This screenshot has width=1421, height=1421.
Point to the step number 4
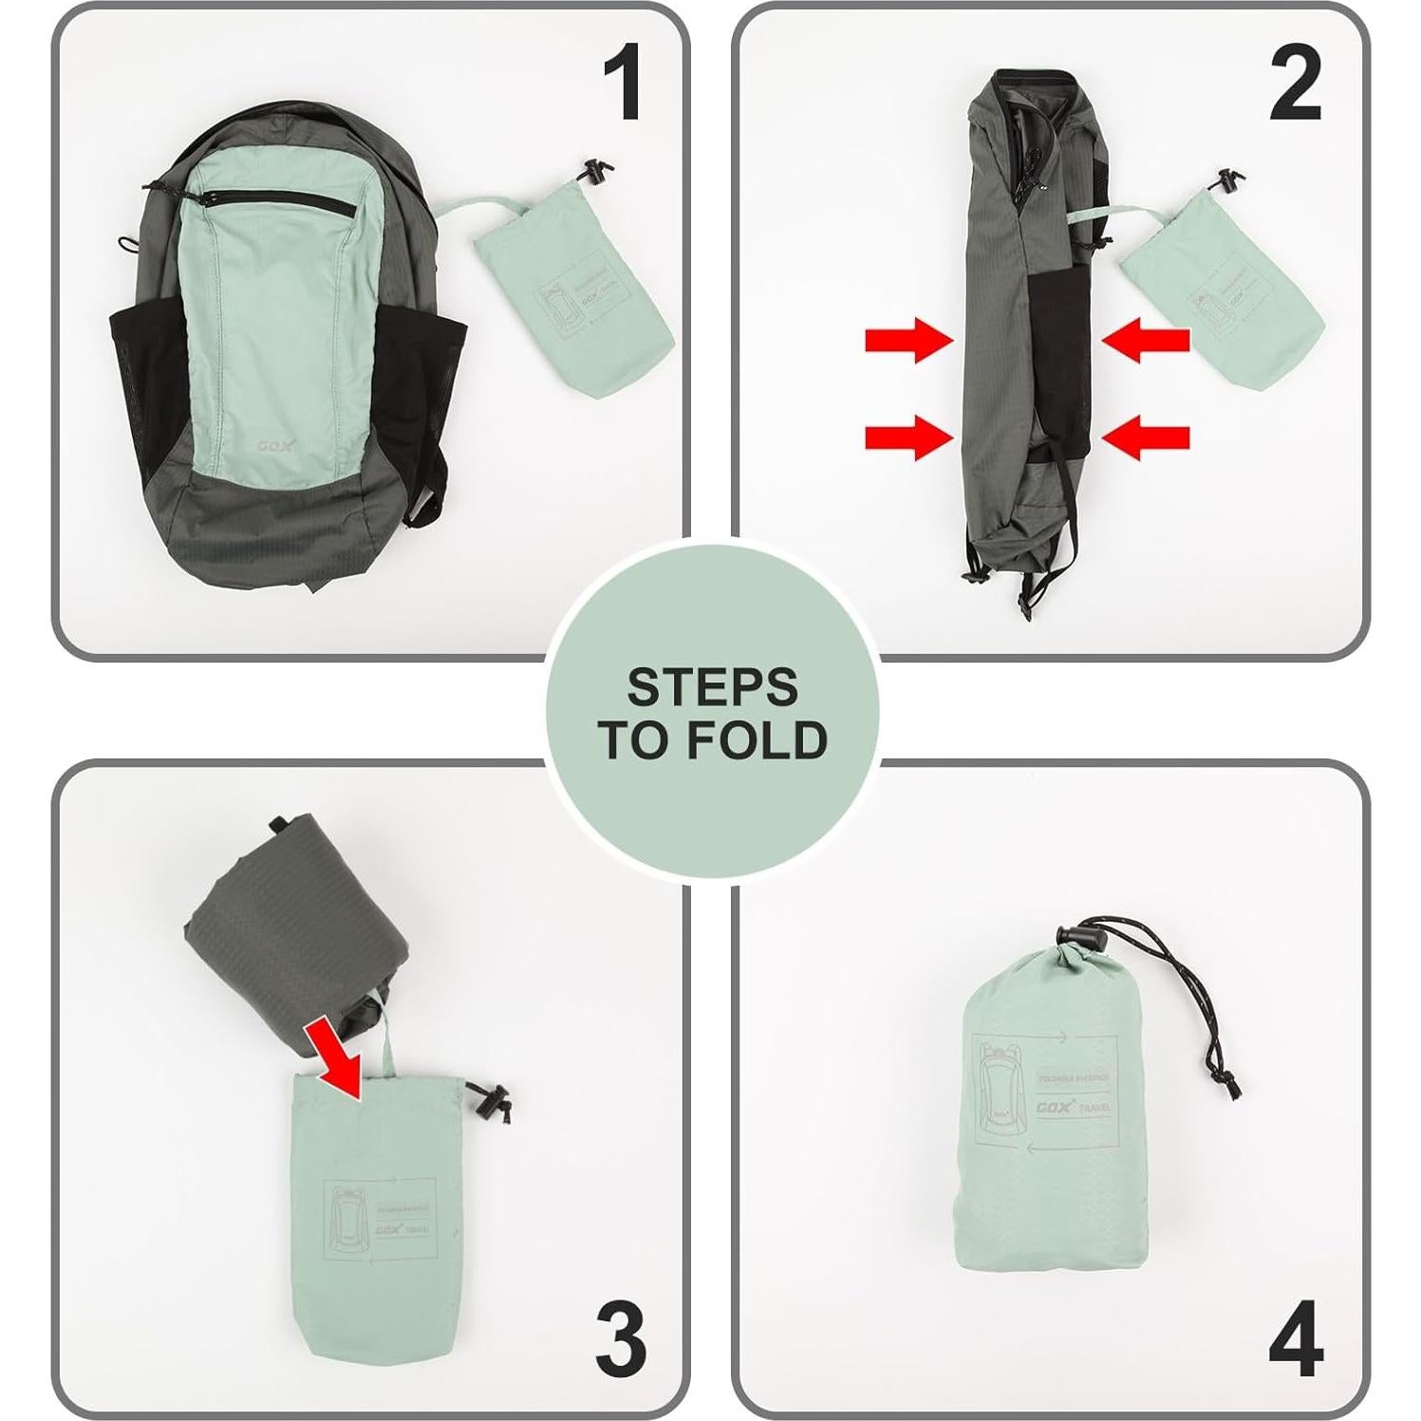1296,1342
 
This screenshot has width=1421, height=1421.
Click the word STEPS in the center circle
712,686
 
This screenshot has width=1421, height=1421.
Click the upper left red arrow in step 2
907,340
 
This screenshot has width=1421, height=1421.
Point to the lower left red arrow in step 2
907,438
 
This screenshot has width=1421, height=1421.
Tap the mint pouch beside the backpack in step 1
570,304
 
